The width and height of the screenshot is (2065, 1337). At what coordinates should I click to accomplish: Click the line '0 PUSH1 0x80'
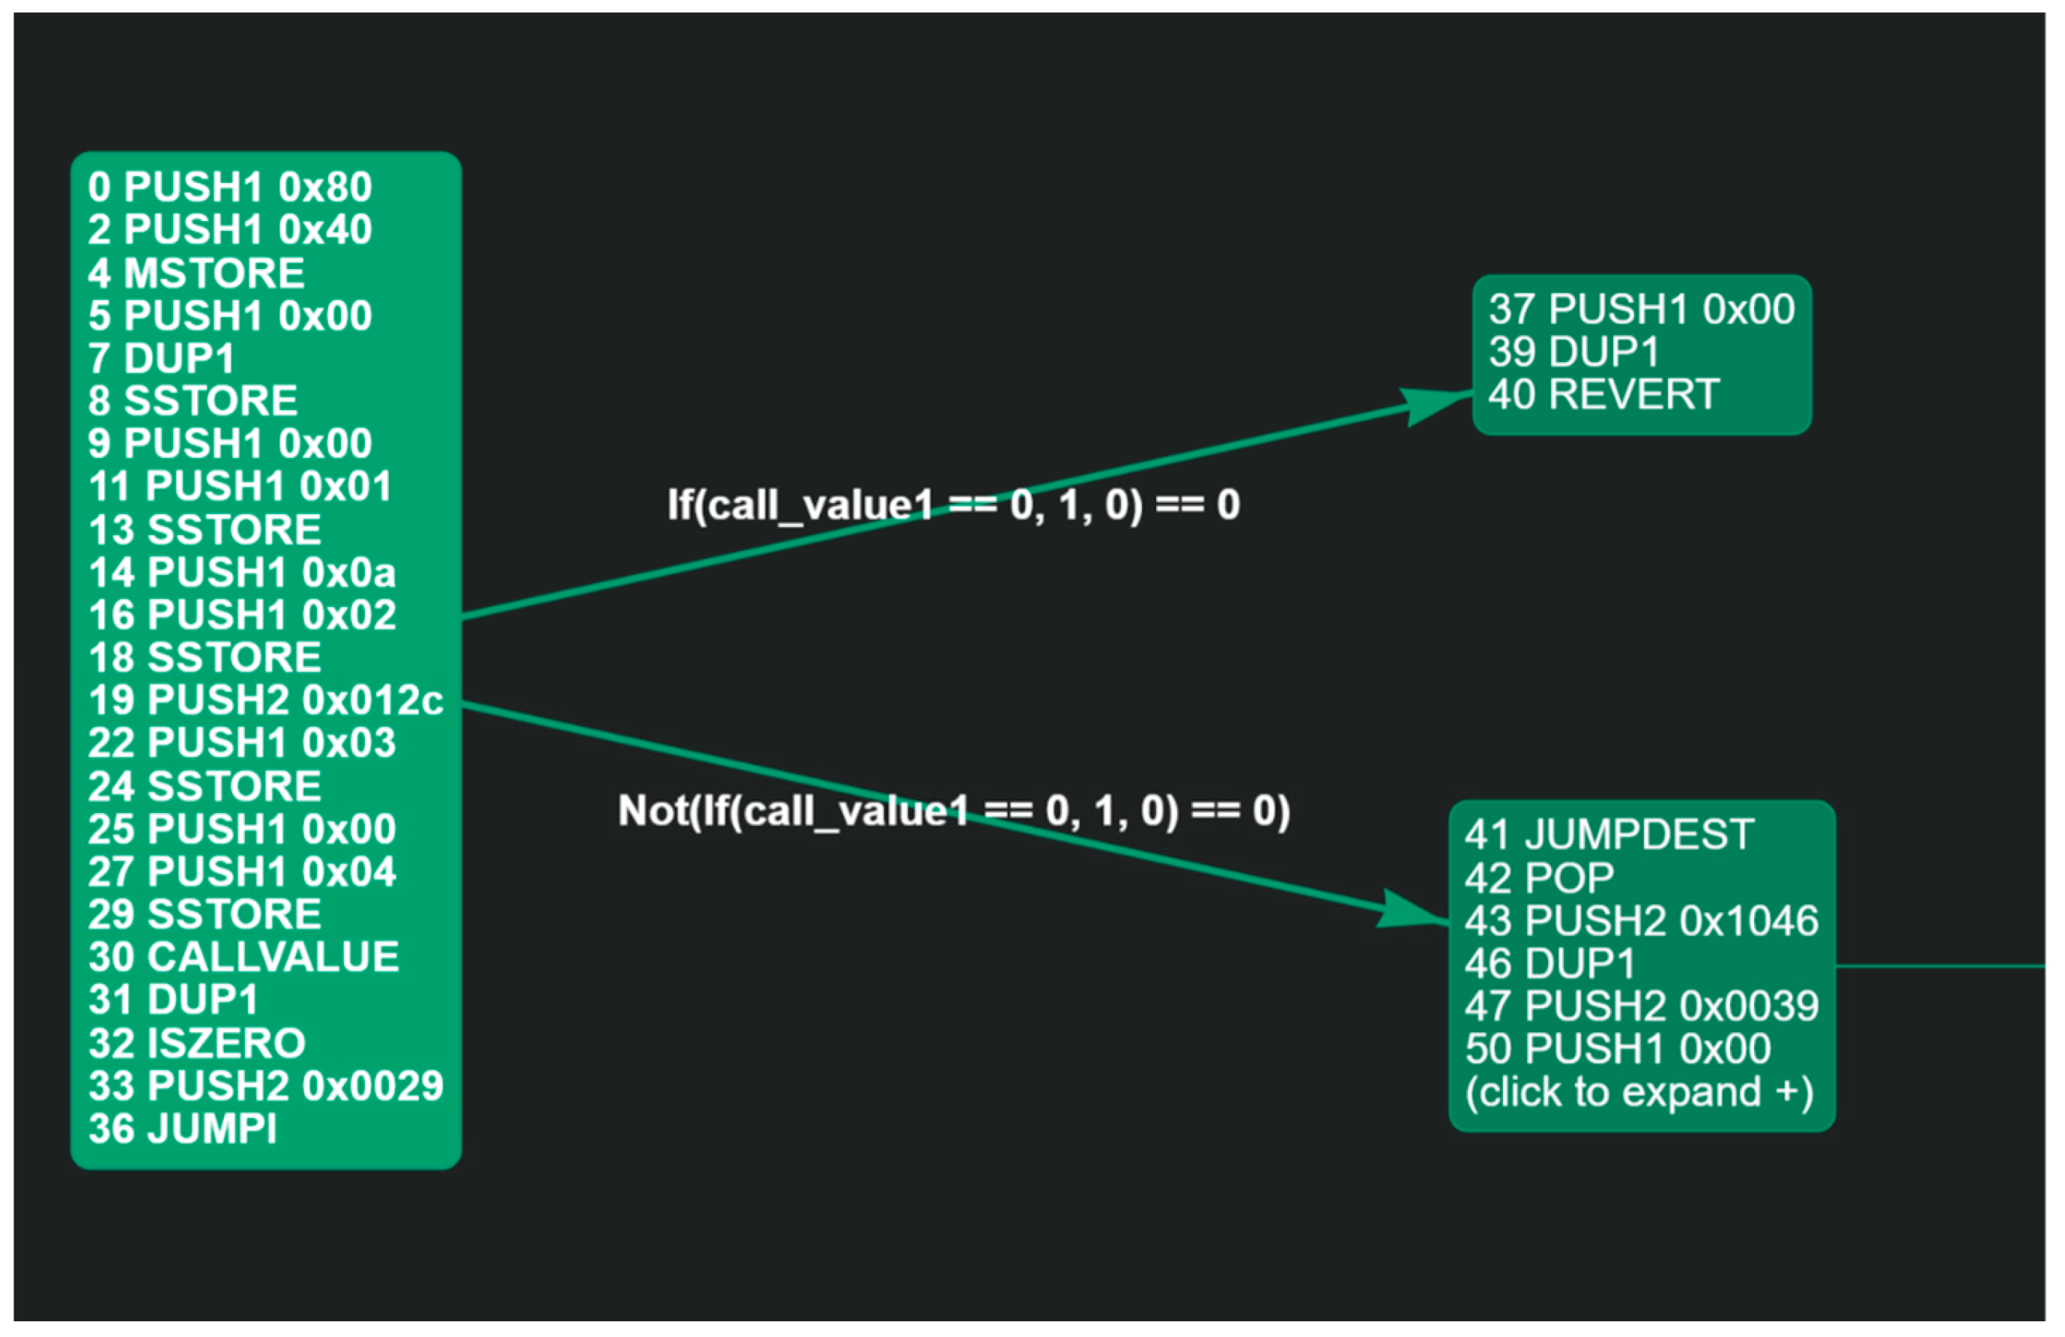click(230, 187)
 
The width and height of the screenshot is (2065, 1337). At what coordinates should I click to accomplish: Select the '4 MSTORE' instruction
click(196, 274)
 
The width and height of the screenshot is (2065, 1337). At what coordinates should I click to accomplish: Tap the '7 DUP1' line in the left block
click(161, 358)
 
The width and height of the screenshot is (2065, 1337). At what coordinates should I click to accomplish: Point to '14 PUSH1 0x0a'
click(242, 573)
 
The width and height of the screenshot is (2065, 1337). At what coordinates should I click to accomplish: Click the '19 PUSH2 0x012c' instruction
click(265, 700)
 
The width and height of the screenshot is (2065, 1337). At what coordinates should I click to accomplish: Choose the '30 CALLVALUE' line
click(243, 957)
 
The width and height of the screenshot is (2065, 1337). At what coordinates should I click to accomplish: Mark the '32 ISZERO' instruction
click(197, 1043)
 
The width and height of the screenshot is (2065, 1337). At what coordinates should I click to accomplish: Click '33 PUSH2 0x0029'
click(265, 1085)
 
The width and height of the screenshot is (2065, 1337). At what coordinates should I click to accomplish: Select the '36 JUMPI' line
click(182, 1129)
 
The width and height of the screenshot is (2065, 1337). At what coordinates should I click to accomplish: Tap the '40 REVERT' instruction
click(1603, 395)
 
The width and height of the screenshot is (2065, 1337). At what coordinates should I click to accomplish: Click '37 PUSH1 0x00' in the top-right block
click(1642, 310)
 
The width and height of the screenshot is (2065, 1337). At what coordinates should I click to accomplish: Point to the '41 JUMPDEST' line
click(1609, 835)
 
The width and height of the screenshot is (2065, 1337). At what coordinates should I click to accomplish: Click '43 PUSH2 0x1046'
click(1642, 920)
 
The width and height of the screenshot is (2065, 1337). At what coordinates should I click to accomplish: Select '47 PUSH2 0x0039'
click(1642, 1006)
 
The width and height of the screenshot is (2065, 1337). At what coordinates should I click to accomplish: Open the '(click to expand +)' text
click(1639, 1091)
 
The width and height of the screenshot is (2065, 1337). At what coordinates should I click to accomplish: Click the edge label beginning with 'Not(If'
click(954, 811)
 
